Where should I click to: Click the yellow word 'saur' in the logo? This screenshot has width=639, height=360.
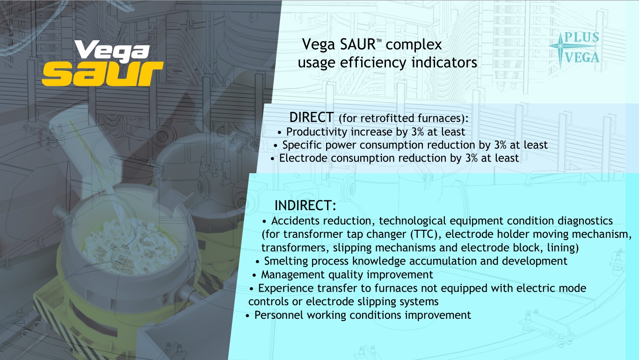click(x=102, y=74)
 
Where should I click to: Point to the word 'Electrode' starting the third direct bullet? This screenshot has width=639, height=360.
click(x=302, y=158)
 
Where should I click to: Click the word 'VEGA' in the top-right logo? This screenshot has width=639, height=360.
click(x=582, y=58)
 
